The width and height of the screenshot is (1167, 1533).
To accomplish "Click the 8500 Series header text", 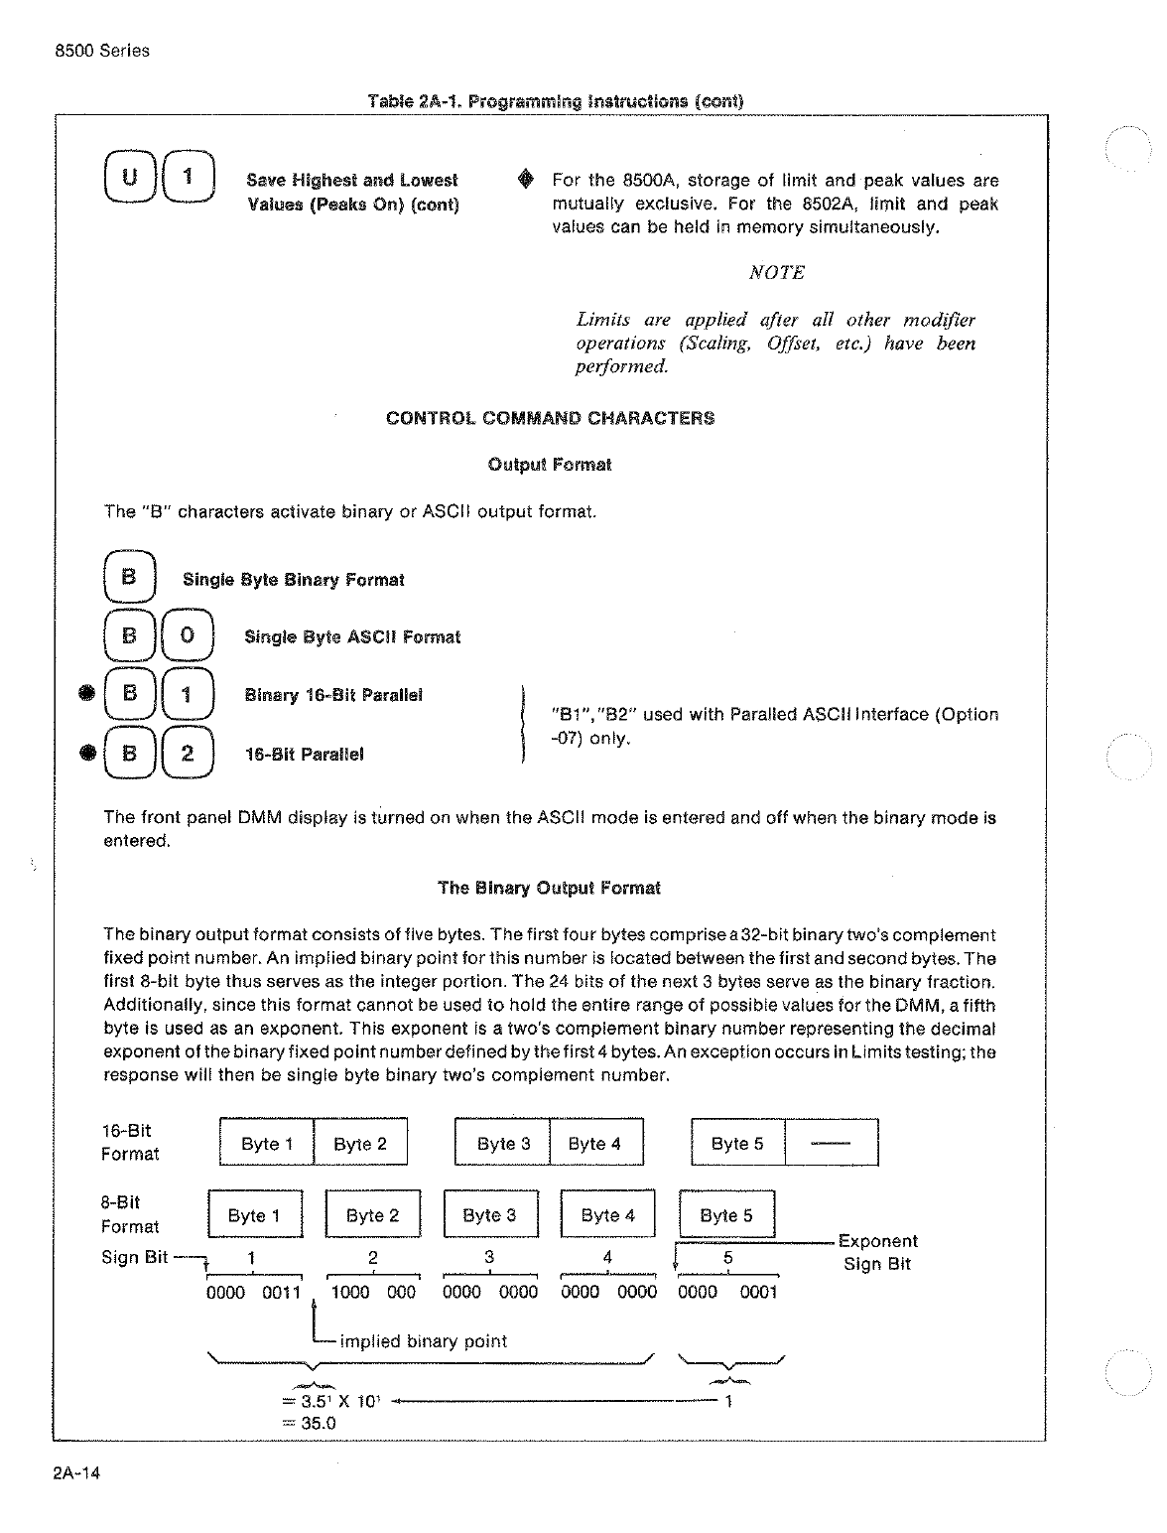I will click(102, 51).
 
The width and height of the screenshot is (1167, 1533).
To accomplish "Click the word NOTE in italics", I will click(776, 273).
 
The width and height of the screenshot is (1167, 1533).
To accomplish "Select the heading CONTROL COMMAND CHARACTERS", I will click(550, 418).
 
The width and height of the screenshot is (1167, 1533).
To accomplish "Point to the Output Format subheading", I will click(550, 465).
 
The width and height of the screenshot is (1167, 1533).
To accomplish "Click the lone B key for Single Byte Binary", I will click(129, 577).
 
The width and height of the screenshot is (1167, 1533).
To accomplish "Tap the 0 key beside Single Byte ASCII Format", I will click(188, 635).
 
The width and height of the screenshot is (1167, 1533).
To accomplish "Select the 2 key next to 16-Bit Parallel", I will click(188, 753).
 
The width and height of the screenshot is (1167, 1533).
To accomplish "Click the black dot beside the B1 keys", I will click(87, 694).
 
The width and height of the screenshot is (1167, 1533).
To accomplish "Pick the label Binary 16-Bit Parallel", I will click(333, 695).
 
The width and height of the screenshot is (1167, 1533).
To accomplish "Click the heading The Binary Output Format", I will click(549, 889).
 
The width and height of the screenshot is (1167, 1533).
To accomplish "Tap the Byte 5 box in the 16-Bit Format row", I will click(737, 1143).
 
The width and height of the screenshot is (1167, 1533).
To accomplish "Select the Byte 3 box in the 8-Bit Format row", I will click(490, 1215).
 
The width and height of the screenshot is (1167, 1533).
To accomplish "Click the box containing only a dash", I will click(832, 1143).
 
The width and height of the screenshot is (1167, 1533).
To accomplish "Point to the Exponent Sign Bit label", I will click(877, 1253).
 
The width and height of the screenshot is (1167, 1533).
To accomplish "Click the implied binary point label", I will click(423, 1341).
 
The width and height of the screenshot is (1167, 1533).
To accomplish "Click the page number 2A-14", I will click(76, 1472).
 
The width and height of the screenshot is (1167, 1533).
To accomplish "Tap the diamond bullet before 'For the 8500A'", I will click(526, 180).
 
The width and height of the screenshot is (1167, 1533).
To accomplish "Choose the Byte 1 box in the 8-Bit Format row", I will click(254, 1215).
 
